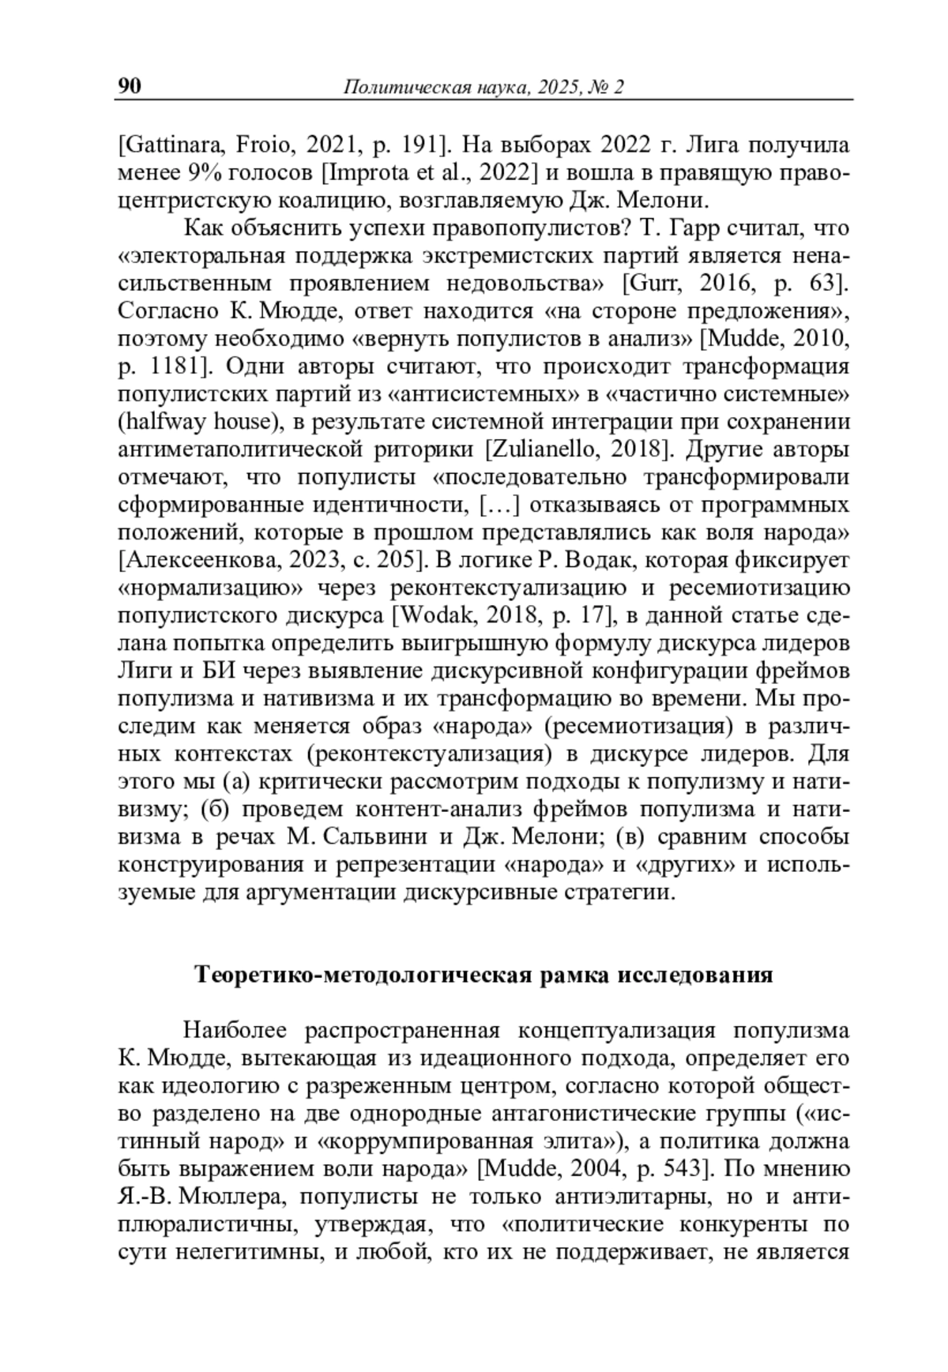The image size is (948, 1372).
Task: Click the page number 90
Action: pyautogui.click(x=130, y=85)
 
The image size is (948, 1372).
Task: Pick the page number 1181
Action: pyautogui.click(x=173, y=367)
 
